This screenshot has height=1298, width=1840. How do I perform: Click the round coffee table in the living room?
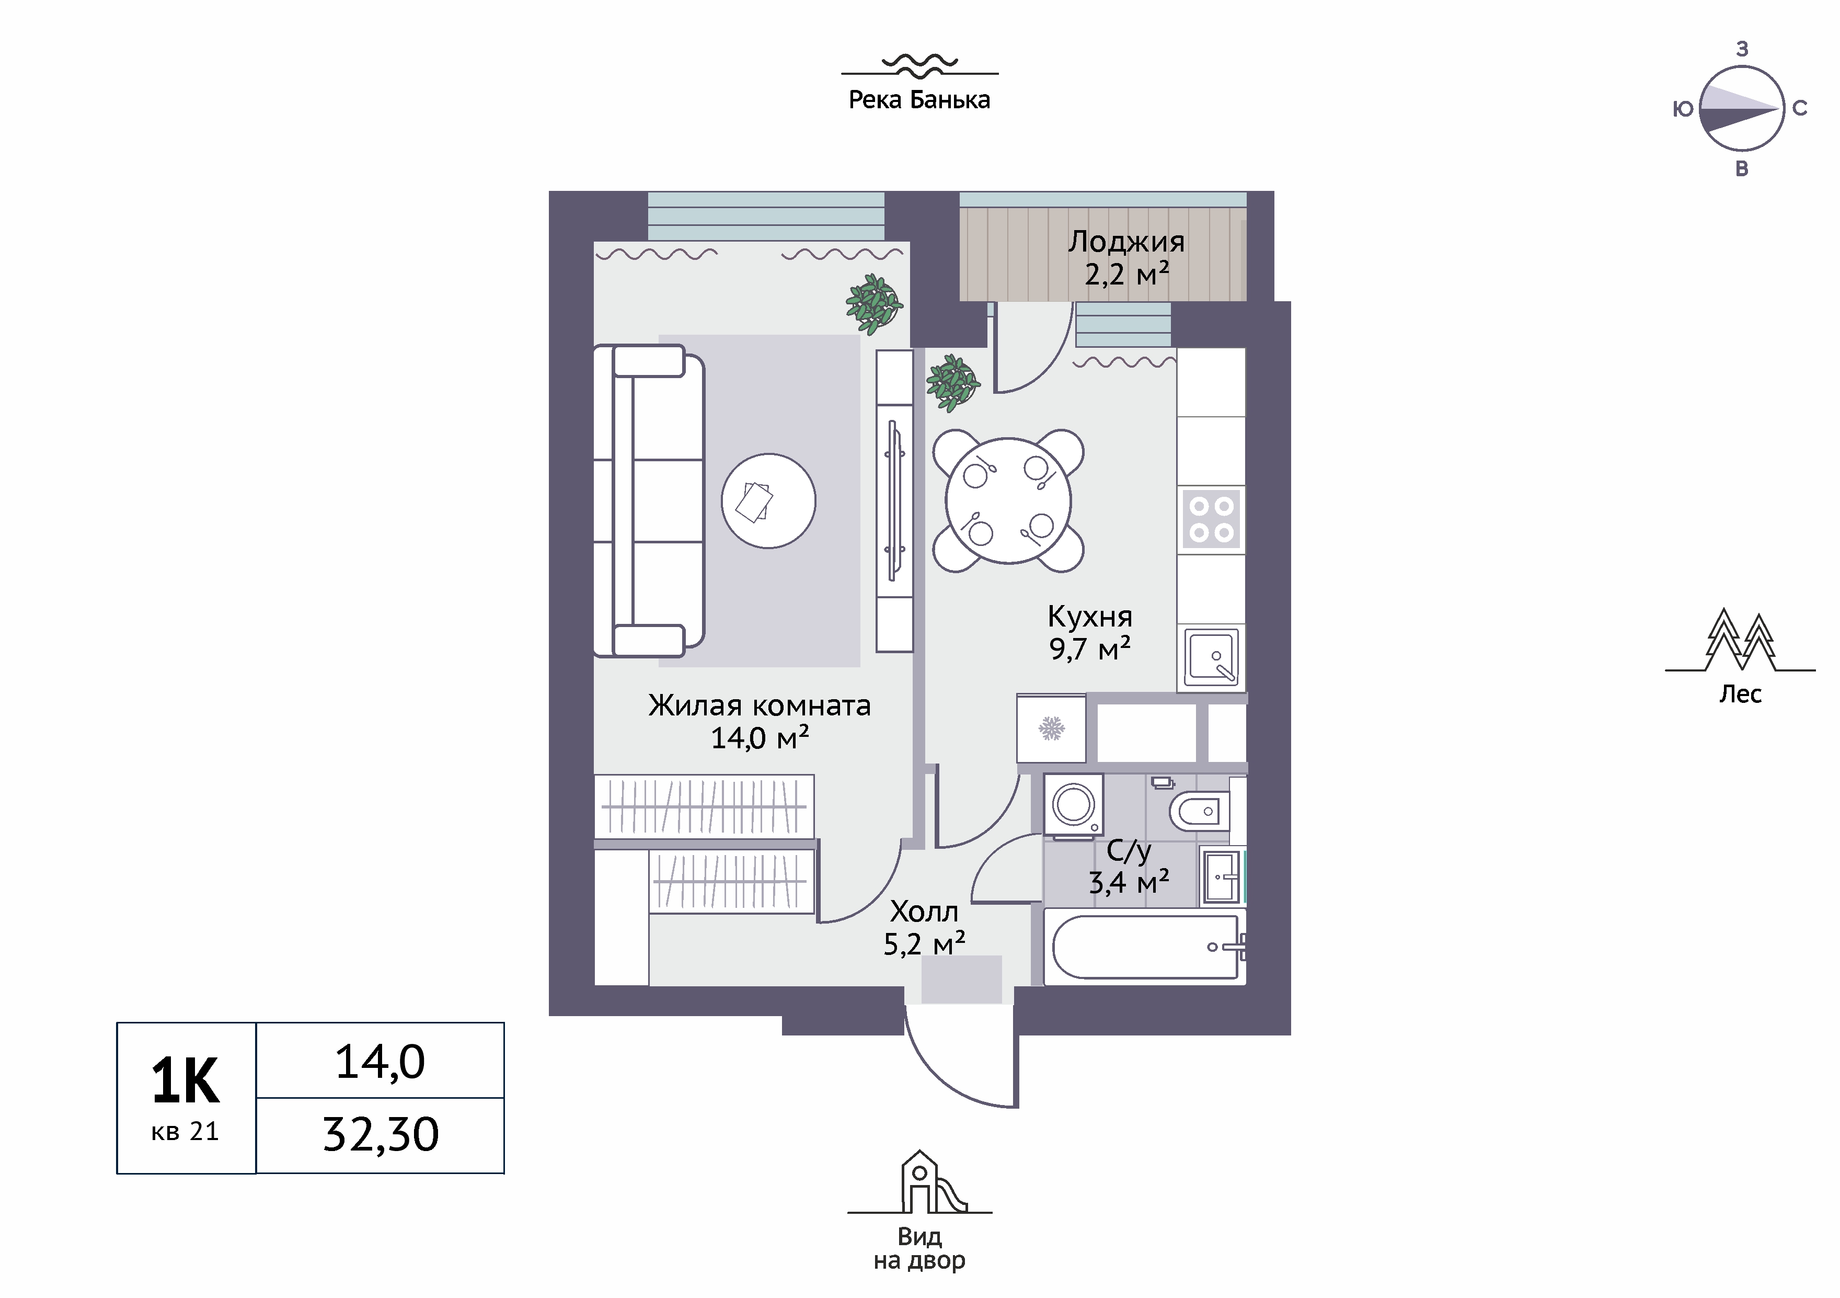click(x=768, y=501)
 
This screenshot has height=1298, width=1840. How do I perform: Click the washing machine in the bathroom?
click(x=1073, y=804)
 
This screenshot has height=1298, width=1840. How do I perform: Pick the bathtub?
click(x=1145, y=947)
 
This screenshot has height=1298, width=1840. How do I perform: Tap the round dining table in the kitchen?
click(x=1008, y=501)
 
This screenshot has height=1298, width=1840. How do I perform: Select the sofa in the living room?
click(x=648, y=501)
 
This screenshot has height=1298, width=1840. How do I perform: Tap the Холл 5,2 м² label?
click(x=924, y=928)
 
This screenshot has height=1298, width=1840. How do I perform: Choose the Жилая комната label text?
click(x=759, y=705)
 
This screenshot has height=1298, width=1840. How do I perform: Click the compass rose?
click(x=1741, y=109)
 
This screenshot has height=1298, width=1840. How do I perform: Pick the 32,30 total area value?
click(x=381, y=1134)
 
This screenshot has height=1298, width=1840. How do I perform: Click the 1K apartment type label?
click(x=185, y=1081)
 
